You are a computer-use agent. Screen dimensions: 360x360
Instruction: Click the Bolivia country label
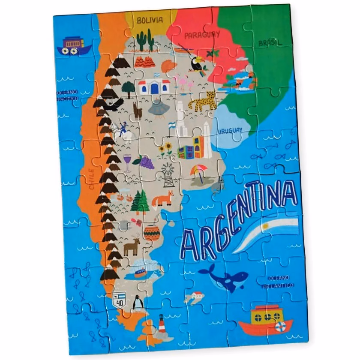[x=150, y=20]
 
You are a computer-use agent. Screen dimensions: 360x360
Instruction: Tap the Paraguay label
[x=202, y=35]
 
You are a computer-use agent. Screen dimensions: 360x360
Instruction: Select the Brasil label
[x=270, y=43]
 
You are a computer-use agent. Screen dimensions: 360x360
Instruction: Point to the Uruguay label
[x=230, y=131]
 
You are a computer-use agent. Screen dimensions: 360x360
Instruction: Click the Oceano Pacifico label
[x=67, y=95]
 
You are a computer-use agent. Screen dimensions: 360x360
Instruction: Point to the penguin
[x=138, y=303]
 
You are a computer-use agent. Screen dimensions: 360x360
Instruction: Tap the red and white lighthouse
[x=162, y=324]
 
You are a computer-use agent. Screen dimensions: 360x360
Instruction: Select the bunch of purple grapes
[x=144, y=162]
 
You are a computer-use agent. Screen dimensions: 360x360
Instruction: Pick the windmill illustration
[x=168, y=174]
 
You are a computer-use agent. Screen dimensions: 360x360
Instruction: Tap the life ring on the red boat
[x=281, y=327]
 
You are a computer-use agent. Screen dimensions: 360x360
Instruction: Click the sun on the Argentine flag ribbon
[x=266, y=226]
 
